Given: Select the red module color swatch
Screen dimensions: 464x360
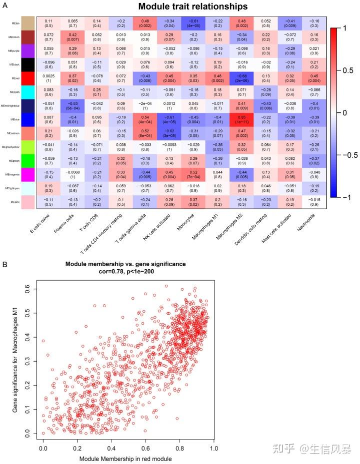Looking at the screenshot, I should [28, 79].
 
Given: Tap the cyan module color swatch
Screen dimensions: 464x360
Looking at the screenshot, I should [28, 93].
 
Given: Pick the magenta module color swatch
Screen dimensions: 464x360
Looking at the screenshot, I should [28, 175].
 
